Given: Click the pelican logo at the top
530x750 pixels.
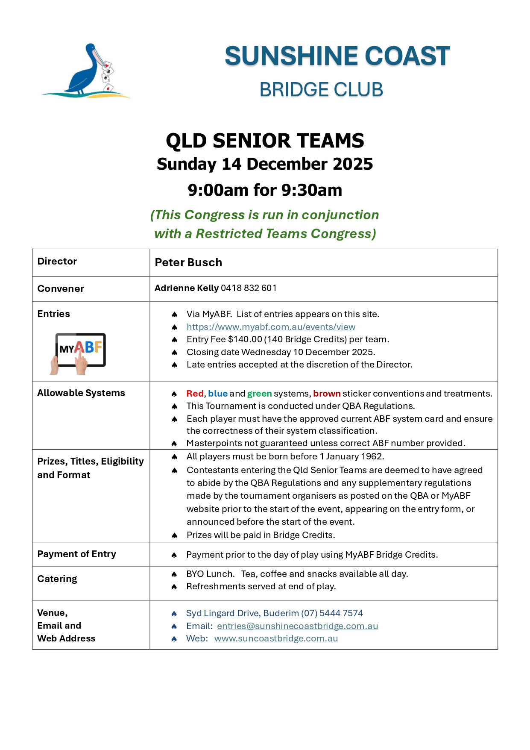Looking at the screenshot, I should point(85,71).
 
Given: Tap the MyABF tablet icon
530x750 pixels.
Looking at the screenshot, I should point(79,352).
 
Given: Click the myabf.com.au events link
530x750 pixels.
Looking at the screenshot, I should point(271,327).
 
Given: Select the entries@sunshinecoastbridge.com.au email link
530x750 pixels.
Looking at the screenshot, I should point(297,626).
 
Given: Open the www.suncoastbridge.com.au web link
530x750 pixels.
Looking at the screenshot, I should point(276,638).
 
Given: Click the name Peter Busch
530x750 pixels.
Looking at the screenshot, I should point(188,262).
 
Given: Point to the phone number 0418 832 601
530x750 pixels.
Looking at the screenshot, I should point(249,288).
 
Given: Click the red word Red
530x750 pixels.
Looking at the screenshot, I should point(195,394).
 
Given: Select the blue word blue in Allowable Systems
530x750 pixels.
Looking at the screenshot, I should point(218,394).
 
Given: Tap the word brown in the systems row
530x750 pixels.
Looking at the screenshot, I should point(327,394).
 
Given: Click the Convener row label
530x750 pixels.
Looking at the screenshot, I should point(61,289).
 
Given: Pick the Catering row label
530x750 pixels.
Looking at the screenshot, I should point(57,579).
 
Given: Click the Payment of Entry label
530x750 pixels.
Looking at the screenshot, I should point(76,554).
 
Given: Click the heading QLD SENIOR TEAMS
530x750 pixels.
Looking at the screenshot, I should point(265,141).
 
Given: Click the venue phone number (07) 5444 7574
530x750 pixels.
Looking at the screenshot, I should point(332,613).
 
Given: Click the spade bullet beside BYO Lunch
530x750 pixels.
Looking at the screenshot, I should point(174,574).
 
